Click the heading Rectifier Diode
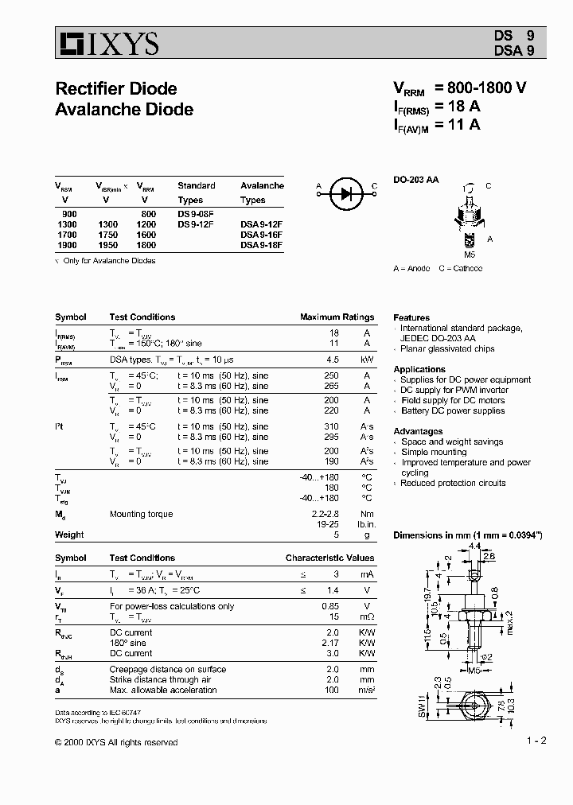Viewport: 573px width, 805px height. point(116,88)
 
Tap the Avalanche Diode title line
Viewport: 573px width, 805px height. point(124,109)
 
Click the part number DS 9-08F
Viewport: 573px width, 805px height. point(196,214)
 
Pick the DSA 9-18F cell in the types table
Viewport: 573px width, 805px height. point(261,246)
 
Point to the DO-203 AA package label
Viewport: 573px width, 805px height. point(415,180)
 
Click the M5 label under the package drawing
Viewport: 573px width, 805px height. point(470,255)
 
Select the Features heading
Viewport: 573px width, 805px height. point(411,317)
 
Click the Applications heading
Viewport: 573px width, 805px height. point(419,369)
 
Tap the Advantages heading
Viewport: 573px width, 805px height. point(418,431)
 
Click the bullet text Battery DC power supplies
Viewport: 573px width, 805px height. point(453,411)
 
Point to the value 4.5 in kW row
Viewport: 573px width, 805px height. point(333,360)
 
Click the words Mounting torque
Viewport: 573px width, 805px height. point(141,515)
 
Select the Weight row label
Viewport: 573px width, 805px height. point(69,535)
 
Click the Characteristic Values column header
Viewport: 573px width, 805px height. point(329,558)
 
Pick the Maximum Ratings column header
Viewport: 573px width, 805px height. point(337,317)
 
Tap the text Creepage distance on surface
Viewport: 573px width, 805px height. point(168,670)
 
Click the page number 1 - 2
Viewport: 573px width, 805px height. point(536,741)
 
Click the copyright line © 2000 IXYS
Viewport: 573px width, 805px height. point(116,742)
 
